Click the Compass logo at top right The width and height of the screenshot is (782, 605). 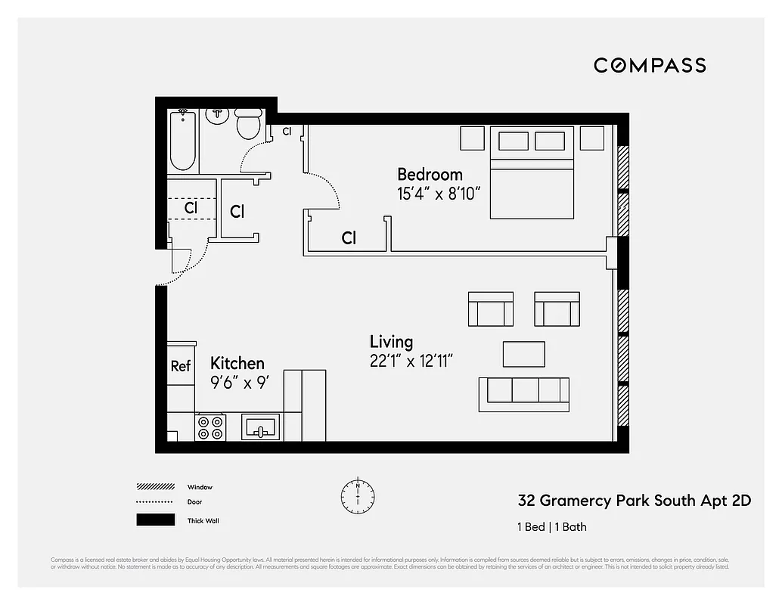click(650, 65)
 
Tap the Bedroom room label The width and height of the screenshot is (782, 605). click(430, 175)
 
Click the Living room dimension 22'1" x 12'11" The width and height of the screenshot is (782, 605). click(411, 361)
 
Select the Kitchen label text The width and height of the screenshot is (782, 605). click(237, 363)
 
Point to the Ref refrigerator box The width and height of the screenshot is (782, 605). click(181, 366)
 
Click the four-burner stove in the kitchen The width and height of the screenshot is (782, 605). click(210, 427)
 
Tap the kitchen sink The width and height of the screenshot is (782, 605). click(261, 427)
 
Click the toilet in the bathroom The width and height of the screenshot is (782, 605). click(249, 123)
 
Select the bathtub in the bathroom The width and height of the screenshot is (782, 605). click(183, 141)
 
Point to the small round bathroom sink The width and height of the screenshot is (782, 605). click(218, 114)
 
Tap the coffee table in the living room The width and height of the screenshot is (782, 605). click(524, 353)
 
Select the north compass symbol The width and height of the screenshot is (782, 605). click(358, 495)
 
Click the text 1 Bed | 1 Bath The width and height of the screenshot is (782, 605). click(552, 527)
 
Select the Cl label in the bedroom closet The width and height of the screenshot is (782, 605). click(349, 238)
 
